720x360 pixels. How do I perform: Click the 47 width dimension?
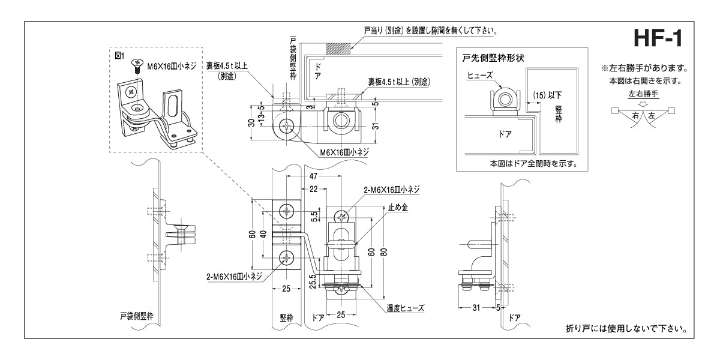point(313,177)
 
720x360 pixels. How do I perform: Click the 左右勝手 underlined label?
point(643,94)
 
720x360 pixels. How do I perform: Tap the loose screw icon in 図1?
point(138,64)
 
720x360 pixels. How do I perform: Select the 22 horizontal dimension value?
point(313,189)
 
